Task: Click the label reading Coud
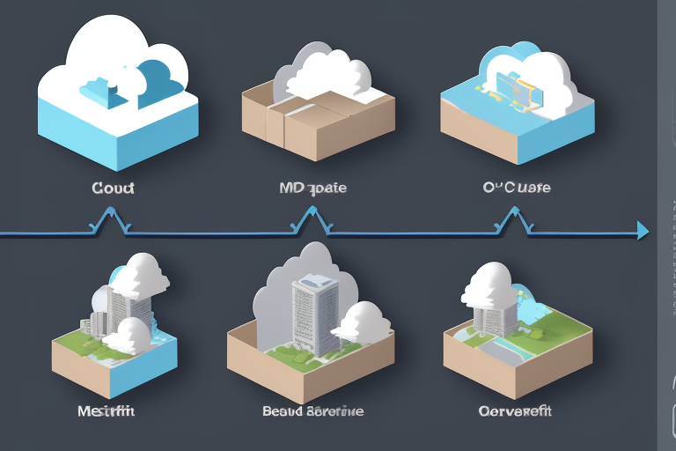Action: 112,188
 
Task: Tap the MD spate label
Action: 312,188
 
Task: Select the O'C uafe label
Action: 518,188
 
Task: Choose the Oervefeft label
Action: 514,410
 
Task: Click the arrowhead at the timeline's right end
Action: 642,231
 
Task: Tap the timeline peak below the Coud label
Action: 111,214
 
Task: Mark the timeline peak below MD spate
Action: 310,214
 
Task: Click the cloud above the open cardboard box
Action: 321,75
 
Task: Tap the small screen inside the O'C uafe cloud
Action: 514,85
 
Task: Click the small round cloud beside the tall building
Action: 363,322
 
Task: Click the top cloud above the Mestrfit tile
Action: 140,272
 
